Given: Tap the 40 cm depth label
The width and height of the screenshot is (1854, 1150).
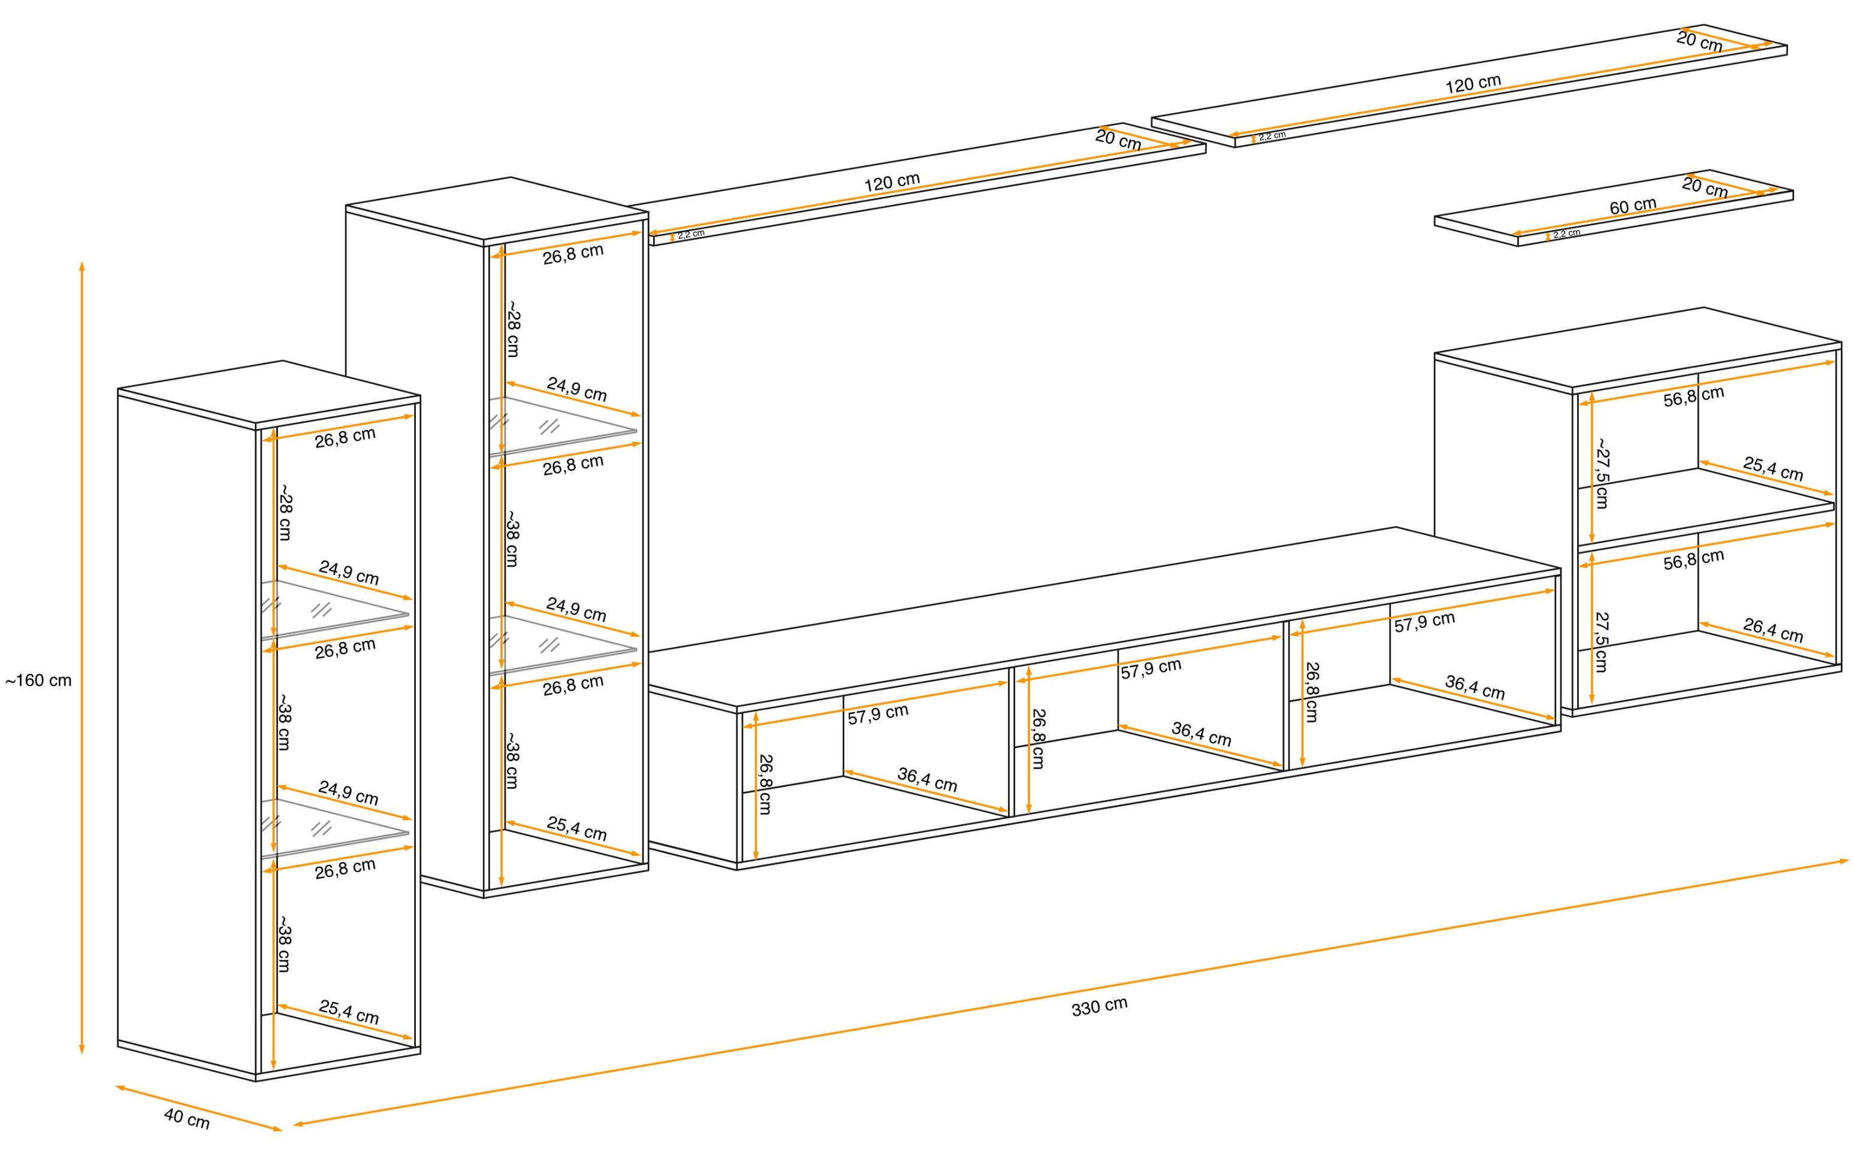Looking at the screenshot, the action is (186, 1119).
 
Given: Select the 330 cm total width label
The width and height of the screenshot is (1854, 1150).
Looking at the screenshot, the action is (1100, 1006).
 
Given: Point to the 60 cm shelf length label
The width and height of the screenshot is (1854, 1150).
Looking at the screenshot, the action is (1633, 206).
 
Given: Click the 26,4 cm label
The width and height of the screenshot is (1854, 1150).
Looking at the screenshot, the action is (1773, 631).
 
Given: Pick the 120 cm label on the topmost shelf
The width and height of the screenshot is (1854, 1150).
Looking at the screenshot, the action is (1473, 84).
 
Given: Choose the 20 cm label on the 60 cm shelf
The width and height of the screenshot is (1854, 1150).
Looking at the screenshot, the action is (1705, 187).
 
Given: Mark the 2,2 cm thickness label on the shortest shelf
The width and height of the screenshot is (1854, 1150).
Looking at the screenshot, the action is (1566, 234).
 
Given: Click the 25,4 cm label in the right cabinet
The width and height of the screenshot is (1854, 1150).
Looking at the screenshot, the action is (1773, 468).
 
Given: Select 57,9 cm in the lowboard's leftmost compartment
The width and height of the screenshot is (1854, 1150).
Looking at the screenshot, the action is (878, 713).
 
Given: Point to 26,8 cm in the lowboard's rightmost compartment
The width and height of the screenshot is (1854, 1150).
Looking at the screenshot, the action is (1312, 691).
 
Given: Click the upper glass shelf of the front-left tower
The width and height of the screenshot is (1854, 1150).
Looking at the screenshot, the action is (335, 609).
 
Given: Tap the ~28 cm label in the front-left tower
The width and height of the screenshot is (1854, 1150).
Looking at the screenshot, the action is (285, 513).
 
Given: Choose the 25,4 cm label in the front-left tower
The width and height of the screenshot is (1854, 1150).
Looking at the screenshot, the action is (348, 1012).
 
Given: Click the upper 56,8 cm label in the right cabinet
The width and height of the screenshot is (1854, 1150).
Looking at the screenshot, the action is (1693, 397).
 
